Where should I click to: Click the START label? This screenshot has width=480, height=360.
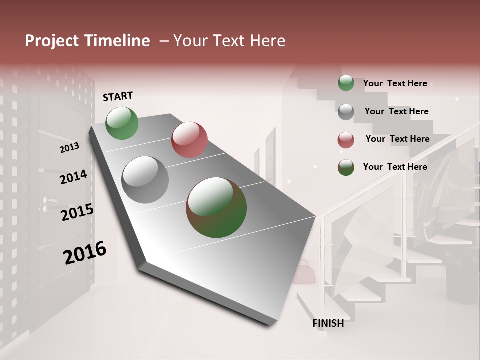[118, 96]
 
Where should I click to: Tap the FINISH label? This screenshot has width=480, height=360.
[328, 323]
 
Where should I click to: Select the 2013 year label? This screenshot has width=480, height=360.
[69, 147]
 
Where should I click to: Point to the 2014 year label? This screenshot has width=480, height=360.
[73, 177]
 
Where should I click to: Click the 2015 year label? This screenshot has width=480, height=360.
[77, 212]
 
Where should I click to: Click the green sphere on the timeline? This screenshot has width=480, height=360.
[122, 123]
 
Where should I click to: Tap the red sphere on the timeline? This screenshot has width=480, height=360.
[189, 140]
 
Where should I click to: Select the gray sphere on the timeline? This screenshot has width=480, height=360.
[145, 180]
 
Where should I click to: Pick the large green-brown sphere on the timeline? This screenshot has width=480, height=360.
[216, 207]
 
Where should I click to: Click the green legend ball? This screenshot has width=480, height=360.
[346, 83]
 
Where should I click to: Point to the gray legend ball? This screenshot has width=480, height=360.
[346, 112]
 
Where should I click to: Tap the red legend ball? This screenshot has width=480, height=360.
[346, 140]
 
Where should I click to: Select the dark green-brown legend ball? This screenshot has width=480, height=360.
[346, 167]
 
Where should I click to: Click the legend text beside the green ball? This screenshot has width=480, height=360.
[395, 83]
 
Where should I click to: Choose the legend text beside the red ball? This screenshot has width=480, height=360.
[397, 139]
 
